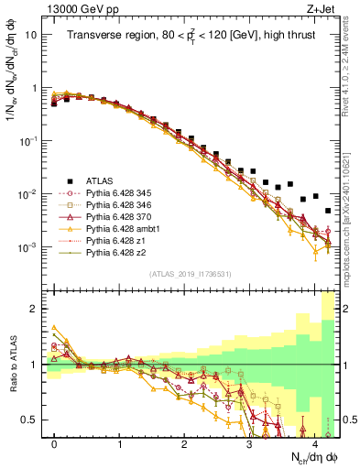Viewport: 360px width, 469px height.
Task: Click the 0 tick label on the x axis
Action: (x=55, y=444)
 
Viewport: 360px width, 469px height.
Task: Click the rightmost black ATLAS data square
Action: (x=328, y=211)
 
